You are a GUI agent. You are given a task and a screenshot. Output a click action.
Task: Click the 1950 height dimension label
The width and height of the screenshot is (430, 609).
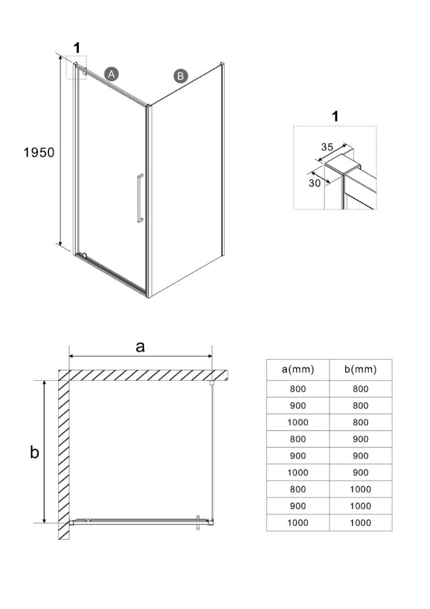[39, 152]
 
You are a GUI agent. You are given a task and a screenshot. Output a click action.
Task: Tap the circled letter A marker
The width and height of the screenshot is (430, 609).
[111, 73]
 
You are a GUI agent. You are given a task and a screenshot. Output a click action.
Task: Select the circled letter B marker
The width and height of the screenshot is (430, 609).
[180, 76]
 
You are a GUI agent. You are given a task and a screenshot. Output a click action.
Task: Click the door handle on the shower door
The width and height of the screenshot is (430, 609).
[139, 200]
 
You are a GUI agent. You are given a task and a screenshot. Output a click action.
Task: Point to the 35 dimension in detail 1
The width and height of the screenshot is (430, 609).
[328, 146]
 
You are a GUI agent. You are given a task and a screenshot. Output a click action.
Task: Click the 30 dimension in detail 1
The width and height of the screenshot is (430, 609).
[314, 183]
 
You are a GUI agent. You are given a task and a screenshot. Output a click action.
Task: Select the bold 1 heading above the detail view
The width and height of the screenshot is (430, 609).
[336, 116]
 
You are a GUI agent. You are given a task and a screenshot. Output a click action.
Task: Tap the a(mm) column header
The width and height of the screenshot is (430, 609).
[298, 369]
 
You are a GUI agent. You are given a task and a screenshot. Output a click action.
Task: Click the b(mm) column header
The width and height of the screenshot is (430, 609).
[360, 369]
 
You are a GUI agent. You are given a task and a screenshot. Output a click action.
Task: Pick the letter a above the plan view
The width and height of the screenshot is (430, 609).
[141, 346]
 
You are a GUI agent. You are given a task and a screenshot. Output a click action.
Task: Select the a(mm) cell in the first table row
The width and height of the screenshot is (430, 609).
[298, 389]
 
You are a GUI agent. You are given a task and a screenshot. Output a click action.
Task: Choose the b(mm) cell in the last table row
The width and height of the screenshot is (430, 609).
[360, 522]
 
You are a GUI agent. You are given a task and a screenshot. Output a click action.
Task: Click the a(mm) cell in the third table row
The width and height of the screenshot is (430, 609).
[298, 422]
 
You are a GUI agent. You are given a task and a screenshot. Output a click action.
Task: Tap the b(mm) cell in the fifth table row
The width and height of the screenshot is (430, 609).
[360, 456]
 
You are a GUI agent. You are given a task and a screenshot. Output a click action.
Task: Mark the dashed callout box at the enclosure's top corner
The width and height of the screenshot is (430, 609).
[77, 68]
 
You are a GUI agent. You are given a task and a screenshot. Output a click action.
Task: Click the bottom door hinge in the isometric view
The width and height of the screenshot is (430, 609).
[84, 255]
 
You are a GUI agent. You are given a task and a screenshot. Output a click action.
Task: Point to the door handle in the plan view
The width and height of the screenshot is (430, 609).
[198, 523]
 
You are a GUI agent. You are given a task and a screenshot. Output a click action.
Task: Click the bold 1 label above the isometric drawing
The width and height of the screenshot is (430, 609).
[77, 47]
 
